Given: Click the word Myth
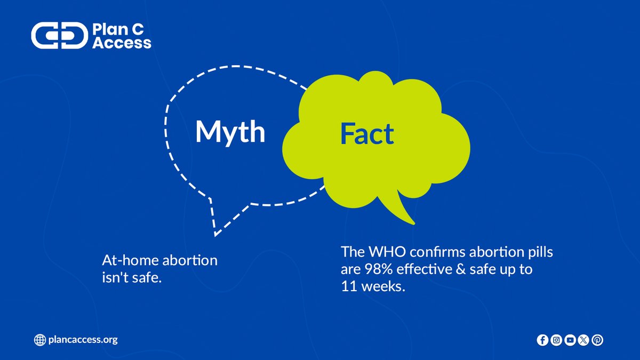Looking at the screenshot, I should (230, 132).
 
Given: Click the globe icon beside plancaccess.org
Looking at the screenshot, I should (39, 340).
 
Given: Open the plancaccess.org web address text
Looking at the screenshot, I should (83, 340).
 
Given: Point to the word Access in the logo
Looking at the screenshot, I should (122, 43).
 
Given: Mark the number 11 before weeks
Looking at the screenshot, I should (349, 286).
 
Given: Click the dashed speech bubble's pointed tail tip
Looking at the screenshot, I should (215, 234).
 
